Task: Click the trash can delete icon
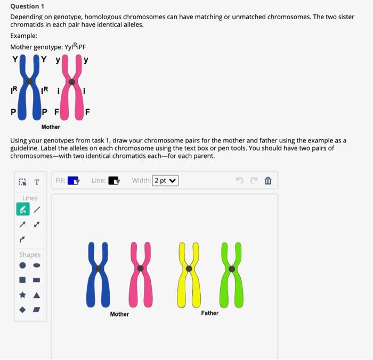pos(268,181)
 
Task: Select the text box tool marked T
pos(37,182)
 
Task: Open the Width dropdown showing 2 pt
pos(165,181)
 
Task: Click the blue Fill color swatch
pos(73,181)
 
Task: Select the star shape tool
pos(23,294)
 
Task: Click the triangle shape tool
pos(36,294)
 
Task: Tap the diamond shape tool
pos(23,309)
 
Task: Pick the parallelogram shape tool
pos(36,309)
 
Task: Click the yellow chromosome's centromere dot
pos(189,269)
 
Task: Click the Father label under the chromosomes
pos(210,313)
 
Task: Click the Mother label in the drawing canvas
pos(119,314)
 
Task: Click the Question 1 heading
pos(27,6)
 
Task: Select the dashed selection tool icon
pos(23,182)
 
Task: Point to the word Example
pos(24,36)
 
